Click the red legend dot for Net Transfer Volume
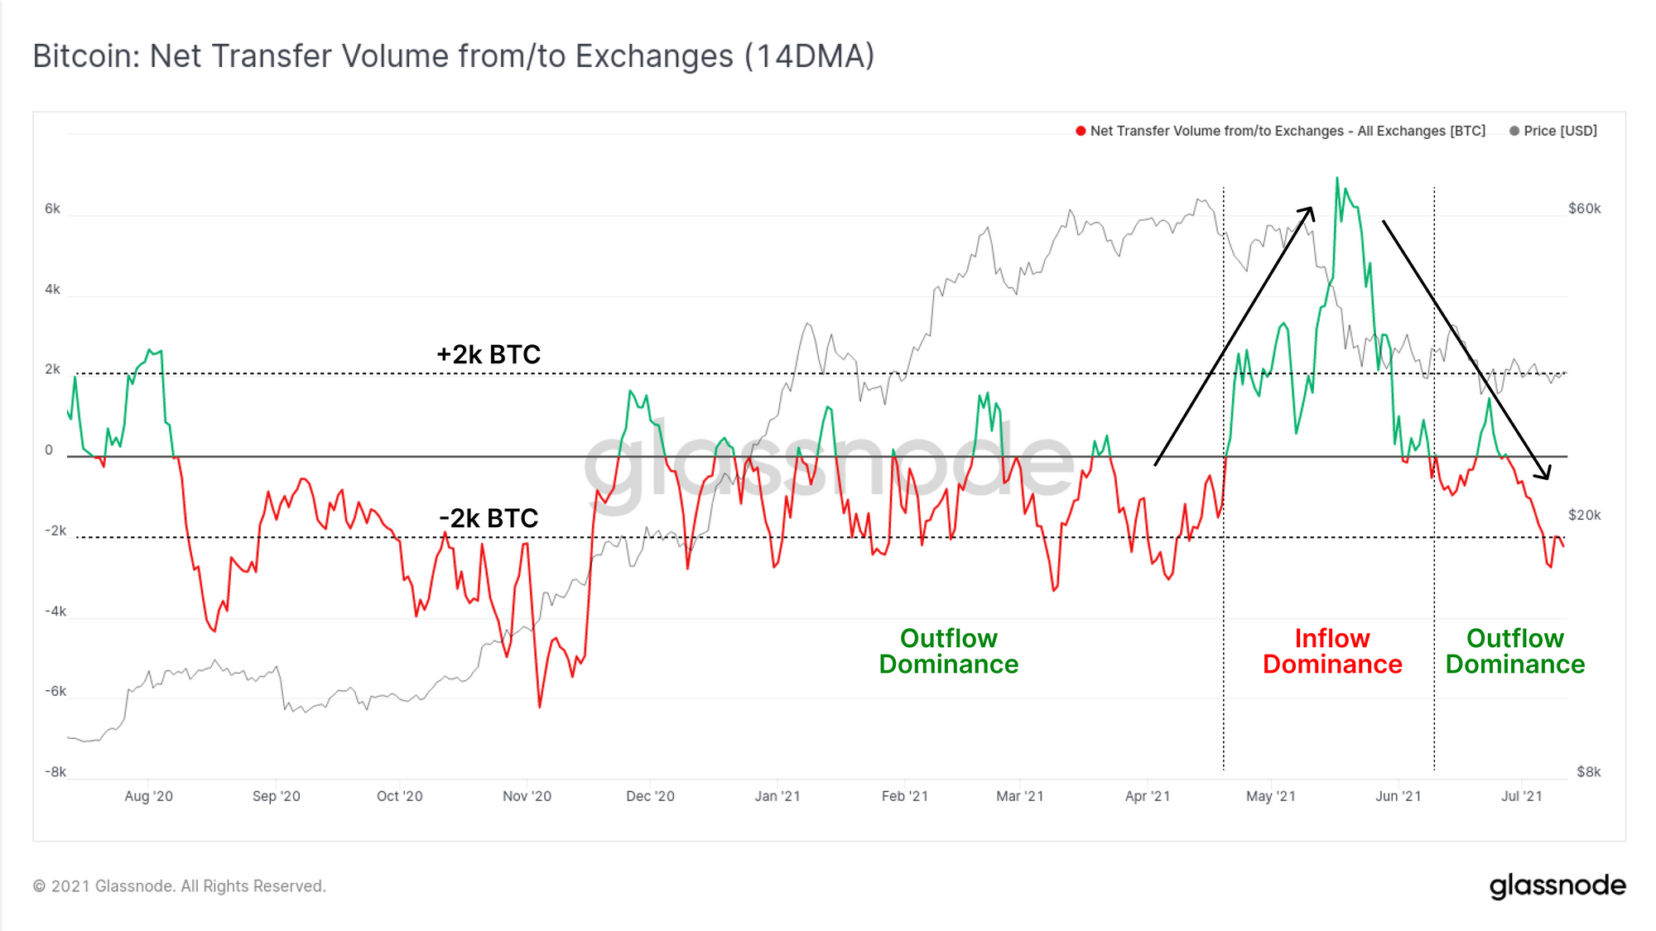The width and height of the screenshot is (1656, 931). [x=1081, y=131]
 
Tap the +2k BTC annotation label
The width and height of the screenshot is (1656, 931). [x=489, y=354]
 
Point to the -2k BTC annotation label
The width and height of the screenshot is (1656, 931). [x=489, y=518]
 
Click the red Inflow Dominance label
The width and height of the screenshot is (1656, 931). [x=1332, y=651]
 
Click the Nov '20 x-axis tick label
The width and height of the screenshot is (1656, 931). [x=527, y=796]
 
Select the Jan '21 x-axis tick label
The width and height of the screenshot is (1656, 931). [x=777, y=796]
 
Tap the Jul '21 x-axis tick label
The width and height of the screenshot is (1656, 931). [x=1522, y=796]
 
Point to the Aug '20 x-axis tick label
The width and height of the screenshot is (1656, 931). [x=149, y=796]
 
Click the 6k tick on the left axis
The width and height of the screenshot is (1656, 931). [x=52, y=209]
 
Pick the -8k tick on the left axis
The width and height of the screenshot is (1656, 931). [x=55, y=772]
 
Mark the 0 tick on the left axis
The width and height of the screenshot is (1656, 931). [x=49, y=450]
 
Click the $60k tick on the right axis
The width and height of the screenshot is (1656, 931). [x=1584, y=209]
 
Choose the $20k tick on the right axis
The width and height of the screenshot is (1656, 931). [x=1584, y=515]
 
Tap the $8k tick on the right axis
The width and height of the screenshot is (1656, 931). [x=1588, y=772]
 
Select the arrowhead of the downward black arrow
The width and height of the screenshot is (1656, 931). [x=1545, y=476]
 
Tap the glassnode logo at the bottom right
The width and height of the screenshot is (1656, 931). [x=1557, y=885]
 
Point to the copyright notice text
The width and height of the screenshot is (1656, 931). [x=180, y=886]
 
